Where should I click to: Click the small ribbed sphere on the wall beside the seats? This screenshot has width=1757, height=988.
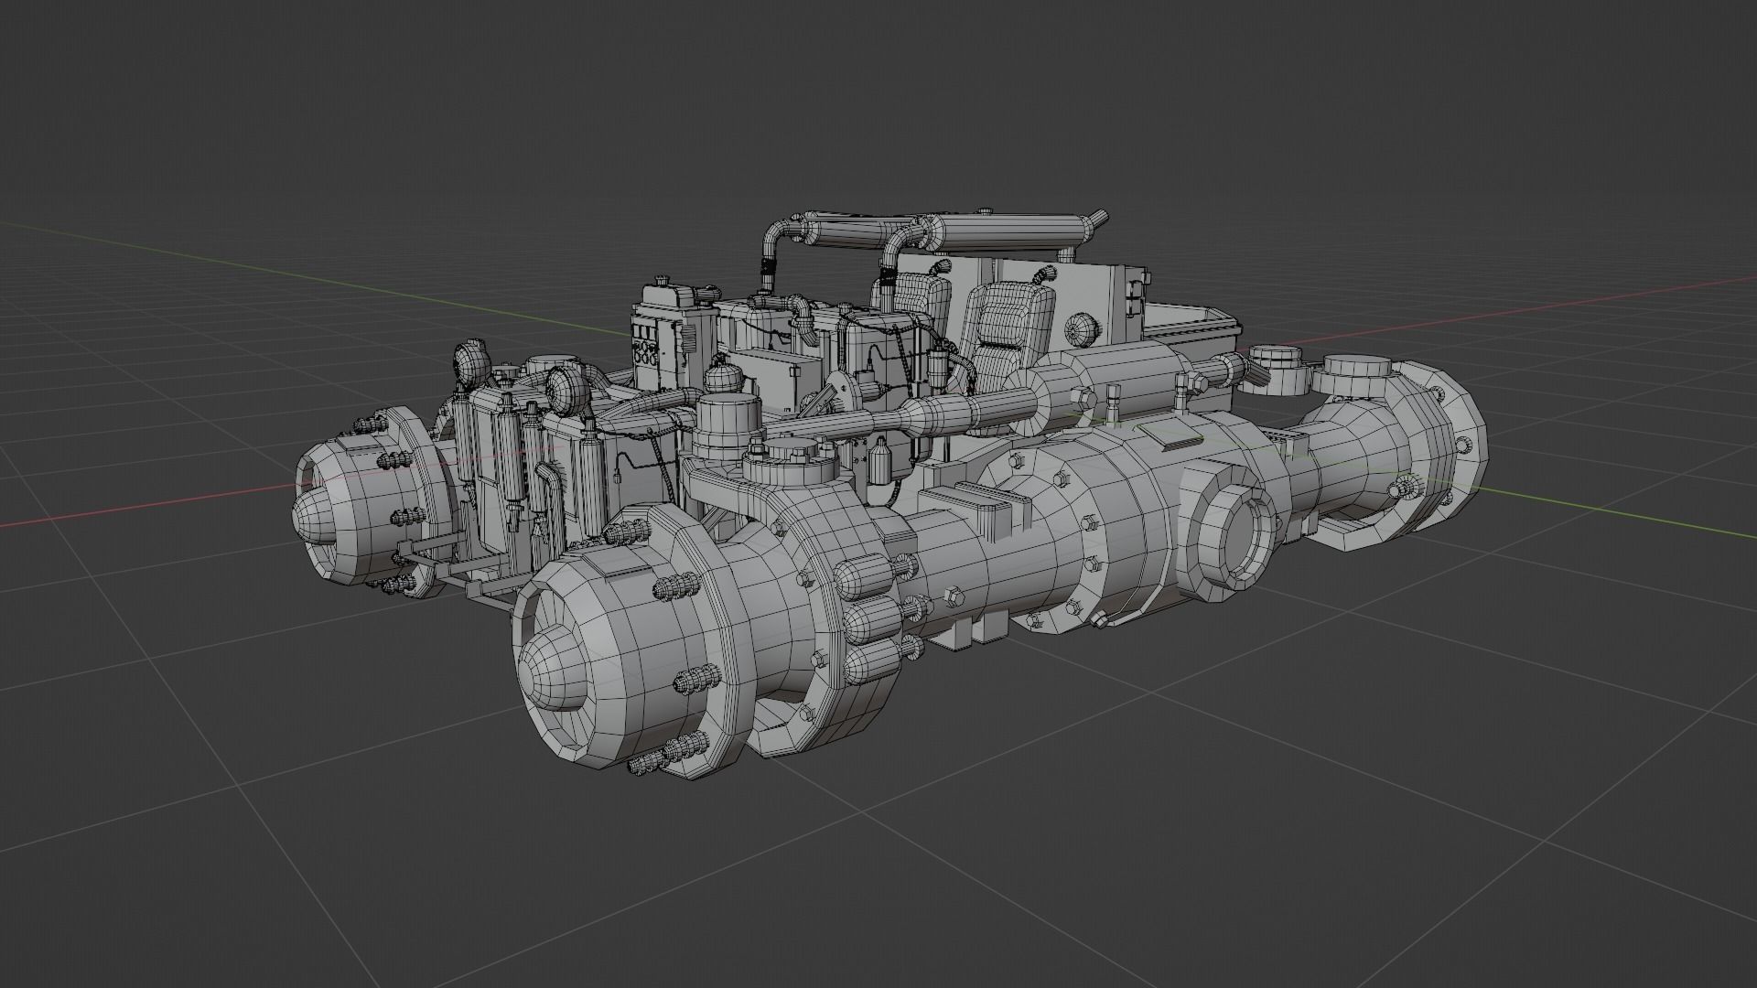click(1083, 328)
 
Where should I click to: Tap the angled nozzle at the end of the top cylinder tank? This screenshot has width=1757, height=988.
click(1094, 220)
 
